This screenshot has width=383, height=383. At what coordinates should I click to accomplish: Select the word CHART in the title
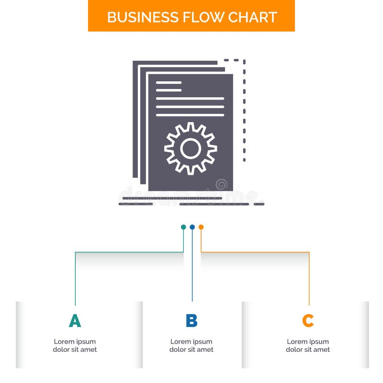(x=252, y=17)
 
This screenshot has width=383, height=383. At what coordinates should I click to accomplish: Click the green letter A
(x=75, y=321)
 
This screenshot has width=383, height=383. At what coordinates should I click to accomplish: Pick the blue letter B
(x=191, y=321)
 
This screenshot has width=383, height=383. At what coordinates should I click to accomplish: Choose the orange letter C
(x=308, y=321)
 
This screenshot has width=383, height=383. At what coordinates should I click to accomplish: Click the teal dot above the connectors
(x=183, y=227)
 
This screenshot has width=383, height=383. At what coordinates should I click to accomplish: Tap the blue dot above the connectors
(x=192, y=227)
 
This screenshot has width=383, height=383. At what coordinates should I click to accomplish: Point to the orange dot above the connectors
(x=201, y=227)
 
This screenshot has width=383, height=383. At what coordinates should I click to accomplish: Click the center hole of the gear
(x=191, y=148)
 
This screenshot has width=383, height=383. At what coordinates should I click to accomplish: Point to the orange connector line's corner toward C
(x=309, y=252)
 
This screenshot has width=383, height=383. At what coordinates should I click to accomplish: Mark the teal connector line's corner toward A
(x=75, y=252)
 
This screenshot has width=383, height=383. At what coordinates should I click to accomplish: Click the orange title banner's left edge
(x=89, y=16)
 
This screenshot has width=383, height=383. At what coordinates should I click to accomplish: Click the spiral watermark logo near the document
(x=222, y=184)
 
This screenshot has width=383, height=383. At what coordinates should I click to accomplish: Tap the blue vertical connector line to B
(x=192, y=268)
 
